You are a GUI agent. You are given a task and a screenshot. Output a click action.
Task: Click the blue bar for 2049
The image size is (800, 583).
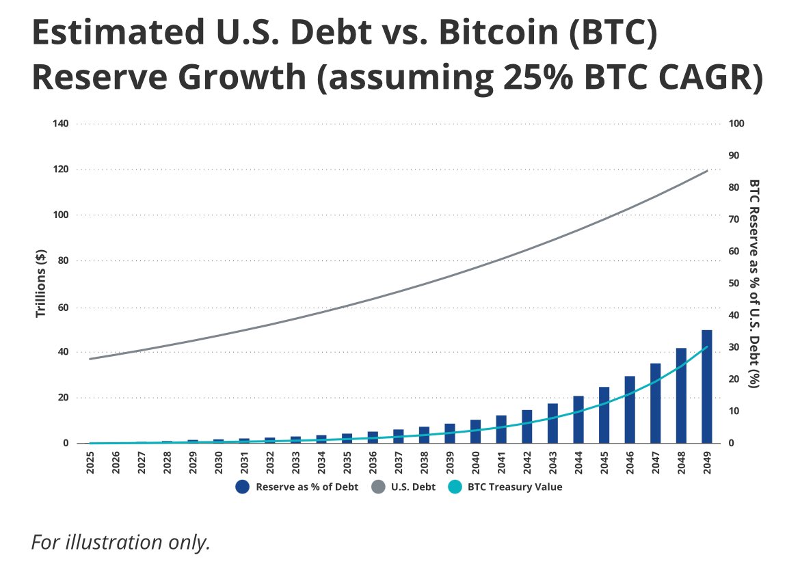(x=707, y=387)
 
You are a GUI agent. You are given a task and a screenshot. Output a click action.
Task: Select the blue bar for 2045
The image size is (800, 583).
(x=604, y=416)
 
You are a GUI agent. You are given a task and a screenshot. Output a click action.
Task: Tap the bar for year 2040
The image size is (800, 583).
(x=475, y=431)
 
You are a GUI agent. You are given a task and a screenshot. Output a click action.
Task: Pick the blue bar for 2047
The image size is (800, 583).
(x=655, y=403)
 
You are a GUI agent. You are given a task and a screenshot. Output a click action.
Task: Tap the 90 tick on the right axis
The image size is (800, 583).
(x=736, y=156)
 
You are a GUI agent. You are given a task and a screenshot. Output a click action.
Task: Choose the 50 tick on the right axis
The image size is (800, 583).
(x=736, y=283)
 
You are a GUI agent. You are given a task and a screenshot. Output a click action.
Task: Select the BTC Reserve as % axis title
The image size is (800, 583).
(x=754, y=284)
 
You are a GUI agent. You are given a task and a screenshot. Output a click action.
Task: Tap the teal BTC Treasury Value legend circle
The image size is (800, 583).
(x=456, y=487)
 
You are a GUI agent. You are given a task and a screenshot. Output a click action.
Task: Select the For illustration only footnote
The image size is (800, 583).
(x=120, y=542)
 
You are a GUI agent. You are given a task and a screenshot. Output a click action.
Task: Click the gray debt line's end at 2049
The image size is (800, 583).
(x=707, y=170)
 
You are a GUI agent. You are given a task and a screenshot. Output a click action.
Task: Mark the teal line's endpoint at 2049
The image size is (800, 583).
(x=707, y=347)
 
